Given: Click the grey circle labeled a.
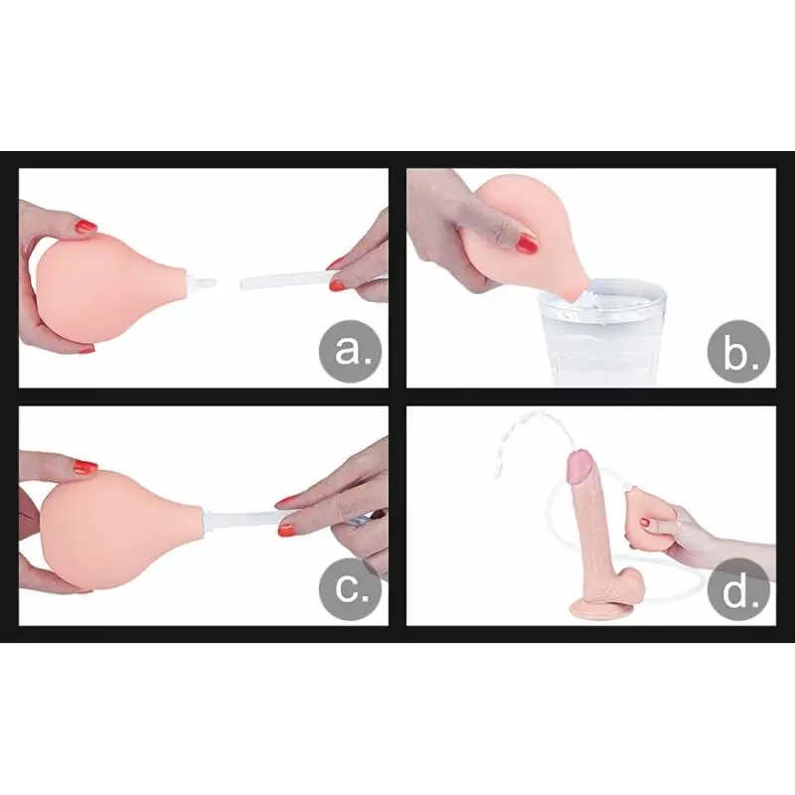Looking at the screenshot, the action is coord(350,351).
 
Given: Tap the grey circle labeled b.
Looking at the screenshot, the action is coord(738,351).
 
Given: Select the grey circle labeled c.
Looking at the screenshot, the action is coord(350,588).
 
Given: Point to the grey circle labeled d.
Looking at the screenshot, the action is coord(738,588).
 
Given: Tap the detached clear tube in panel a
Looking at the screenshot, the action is coord(289,280).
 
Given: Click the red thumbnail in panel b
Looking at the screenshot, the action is coord(527,243).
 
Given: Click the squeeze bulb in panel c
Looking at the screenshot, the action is coord(121,529).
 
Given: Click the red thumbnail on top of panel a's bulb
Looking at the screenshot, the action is coord(85,226).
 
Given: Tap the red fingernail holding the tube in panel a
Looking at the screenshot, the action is coord(337,285).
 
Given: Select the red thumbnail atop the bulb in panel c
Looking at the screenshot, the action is coord(85,466).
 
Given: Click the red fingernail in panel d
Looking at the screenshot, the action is coord(645,523).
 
